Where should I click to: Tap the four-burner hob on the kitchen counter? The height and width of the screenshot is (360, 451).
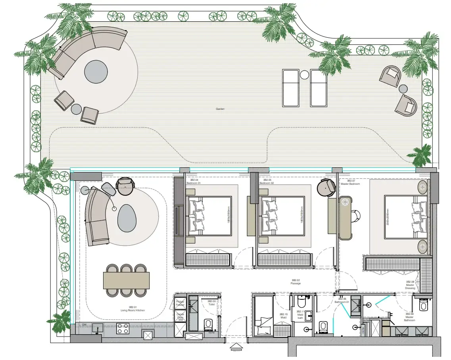point(122,328)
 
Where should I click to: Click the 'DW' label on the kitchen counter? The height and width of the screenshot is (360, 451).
point(84,325)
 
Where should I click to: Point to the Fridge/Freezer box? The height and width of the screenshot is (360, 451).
point(180,303)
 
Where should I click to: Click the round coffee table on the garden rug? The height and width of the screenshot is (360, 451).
point(96,71)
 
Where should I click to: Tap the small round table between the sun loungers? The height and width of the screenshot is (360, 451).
point(304,75)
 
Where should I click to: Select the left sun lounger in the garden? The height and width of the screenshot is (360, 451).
point(290,88)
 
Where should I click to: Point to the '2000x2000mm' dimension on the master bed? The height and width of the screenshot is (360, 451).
point(388,217)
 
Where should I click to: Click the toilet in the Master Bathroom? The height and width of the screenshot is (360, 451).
point(423,305)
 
